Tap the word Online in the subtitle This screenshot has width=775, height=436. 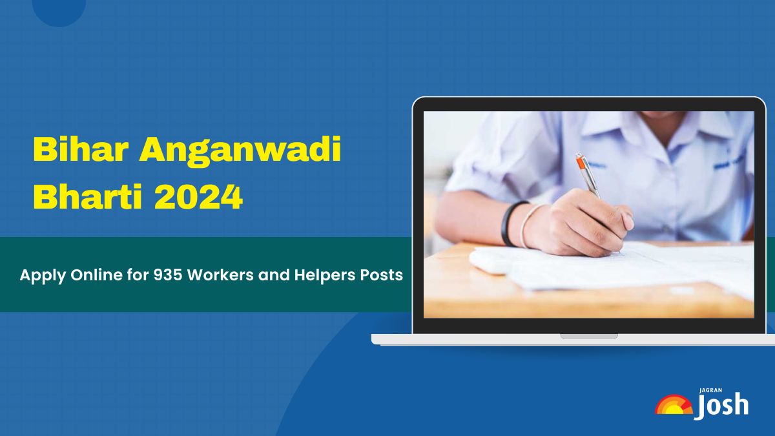click(87, 275)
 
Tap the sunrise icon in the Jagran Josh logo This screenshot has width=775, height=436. click(674, 405)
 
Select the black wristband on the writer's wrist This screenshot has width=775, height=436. click(508, 223)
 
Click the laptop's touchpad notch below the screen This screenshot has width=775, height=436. click(588, 336)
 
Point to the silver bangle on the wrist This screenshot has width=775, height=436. click(526, 226)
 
